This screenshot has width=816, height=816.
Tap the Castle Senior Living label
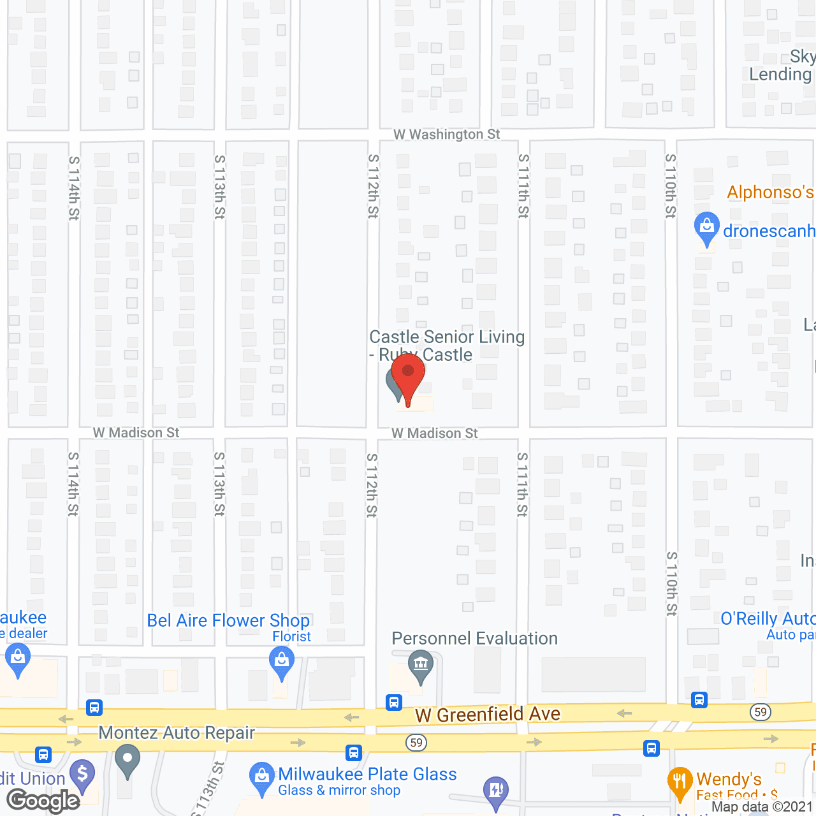pyautogui.click(x=447, y=337)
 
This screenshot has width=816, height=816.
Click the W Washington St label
pyautogui.click(x=446, y=135)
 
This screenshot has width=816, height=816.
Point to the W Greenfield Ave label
pyautogui.click(x=488, y=715)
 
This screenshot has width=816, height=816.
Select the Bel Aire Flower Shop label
pyautogui.click(x=228, y=621)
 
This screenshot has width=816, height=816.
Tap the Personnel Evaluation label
pyautogui.click(x=474, y=639)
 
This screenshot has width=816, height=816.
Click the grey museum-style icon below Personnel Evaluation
pyautogui.click(x=421, y=665)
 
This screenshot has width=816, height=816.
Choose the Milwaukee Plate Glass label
pyautogui.click(x=367, y=775)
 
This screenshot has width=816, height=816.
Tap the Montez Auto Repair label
pyautogui.click(x=177, y=733)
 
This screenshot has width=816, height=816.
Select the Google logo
pyautogui.click(x=43, y=801)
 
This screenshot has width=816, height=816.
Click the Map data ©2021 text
pyautogui.click(x=762, y=807)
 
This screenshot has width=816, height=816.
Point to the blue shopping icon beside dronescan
pyautogui.click(x=706, y=228)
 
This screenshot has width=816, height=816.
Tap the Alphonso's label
pyautogui.click(x=770, y=193)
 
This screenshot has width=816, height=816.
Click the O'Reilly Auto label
pyautogui.click(x=768, y=619)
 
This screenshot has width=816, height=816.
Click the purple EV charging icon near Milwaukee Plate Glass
pyautogui.click(x=496, y=790)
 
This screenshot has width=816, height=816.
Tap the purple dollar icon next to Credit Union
pyautogui.click(x=82, y=775)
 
